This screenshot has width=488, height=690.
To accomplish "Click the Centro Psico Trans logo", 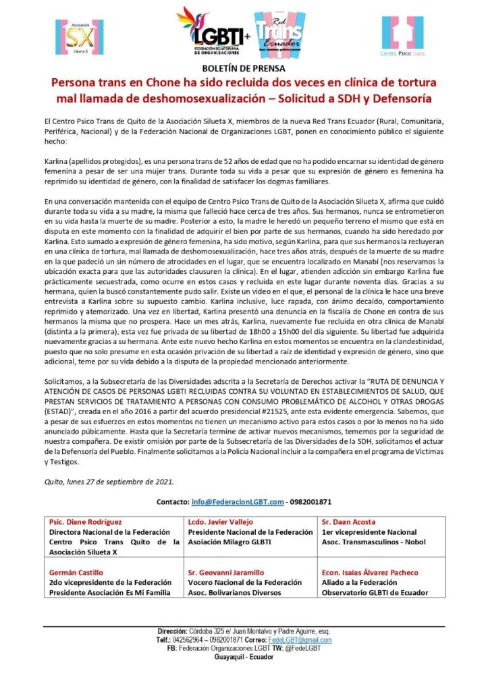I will tap(402, 36).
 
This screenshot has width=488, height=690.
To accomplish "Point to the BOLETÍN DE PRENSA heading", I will tap(244, 69).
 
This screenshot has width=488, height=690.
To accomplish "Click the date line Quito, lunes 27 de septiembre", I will tap(107, 482).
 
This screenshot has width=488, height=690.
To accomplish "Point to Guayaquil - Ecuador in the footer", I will tap(244, 656).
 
